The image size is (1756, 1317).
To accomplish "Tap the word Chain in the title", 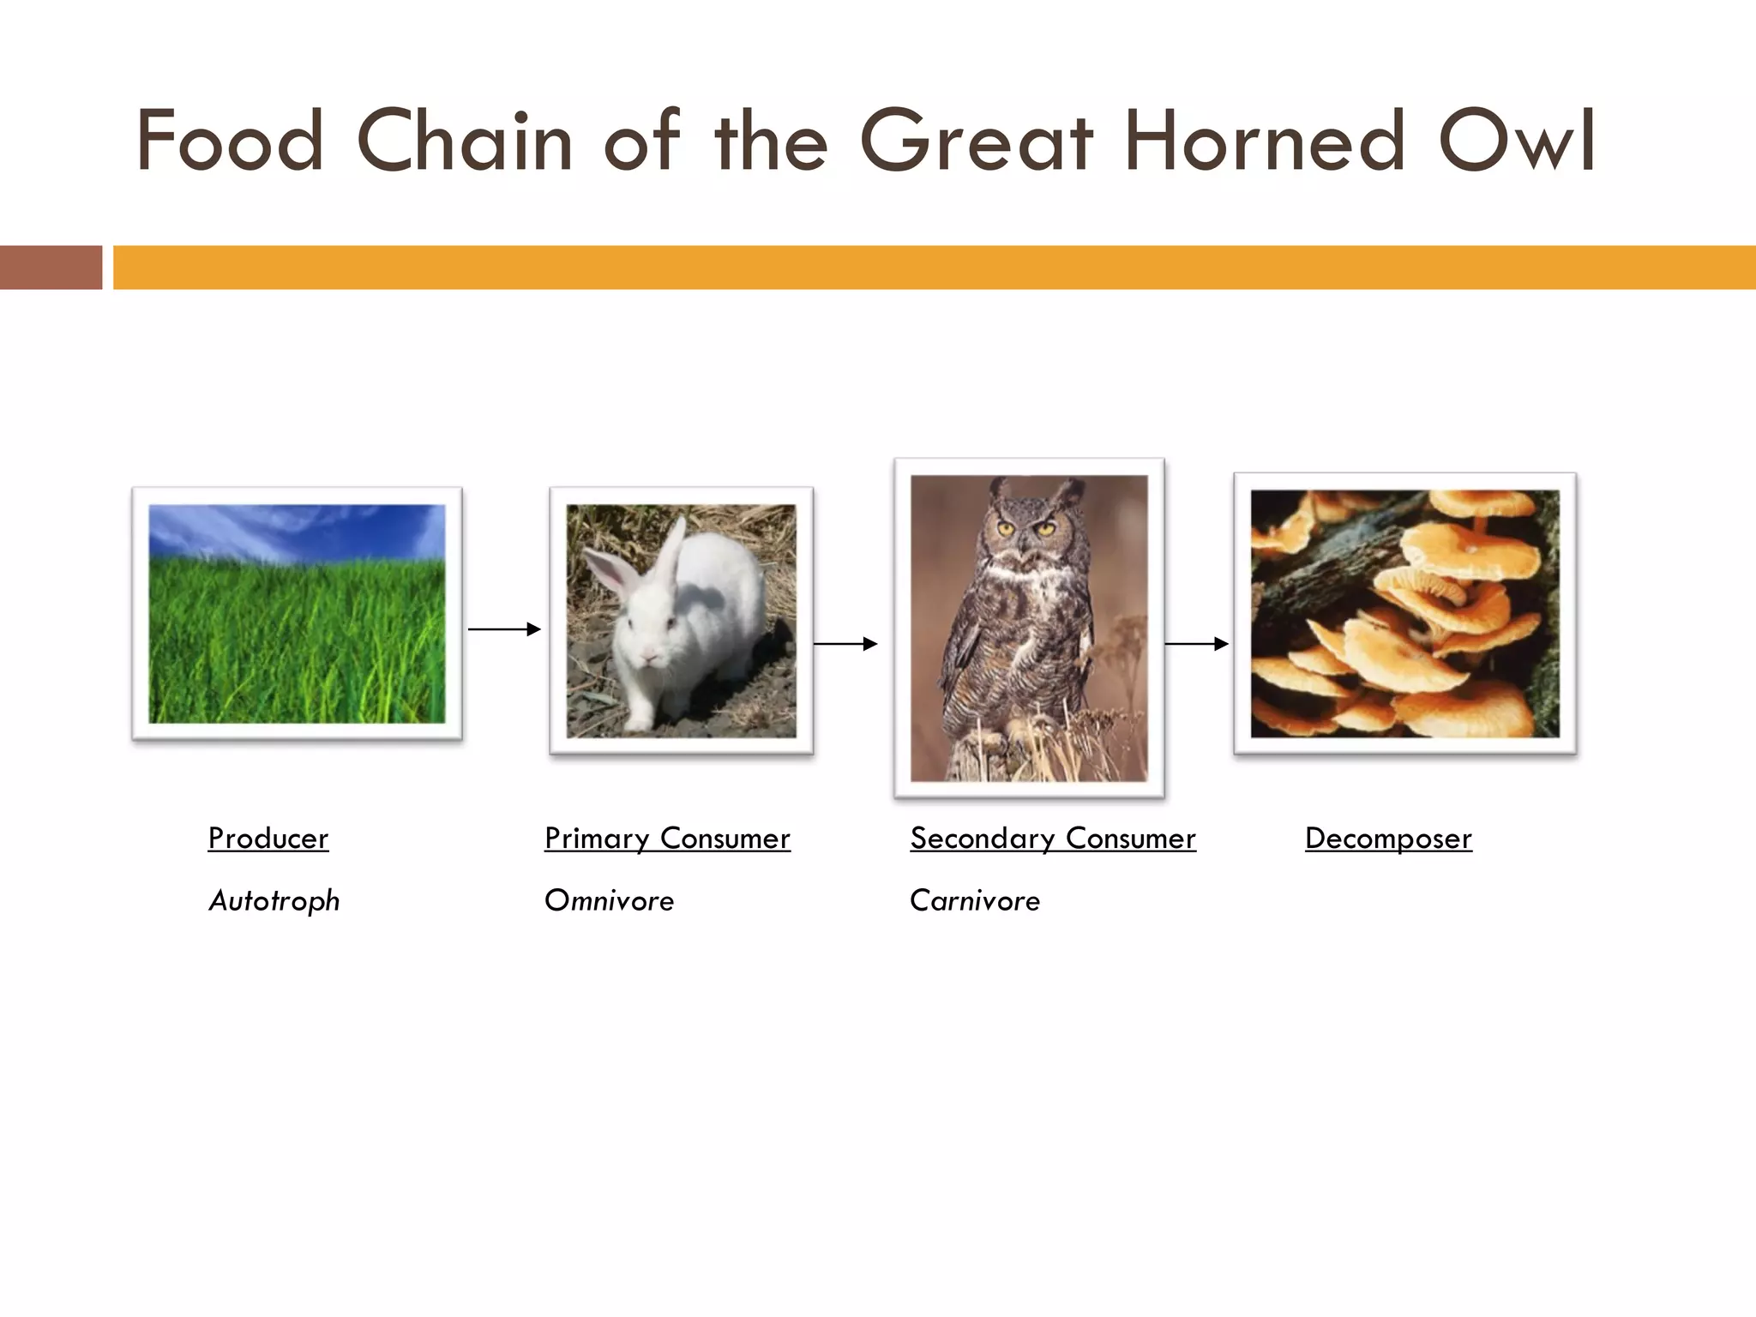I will pyautogui.click(x=464, y=141).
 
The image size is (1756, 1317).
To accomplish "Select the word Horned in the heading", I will pyautogui.click(x=1264, y=141).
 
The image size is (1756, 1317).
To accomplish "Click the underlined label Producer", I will pyautogui.click(x=268, y=839).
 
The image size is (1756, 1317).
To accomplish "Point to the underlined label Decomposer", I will pyautogui.click(x=1387, y=839).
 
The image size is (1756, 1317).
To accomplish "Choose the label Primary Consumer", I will pyautogui.click(x=667, y=839).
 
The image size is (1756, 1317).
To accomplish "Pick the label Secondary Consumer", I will pyautogui.click(x=1052, y=839).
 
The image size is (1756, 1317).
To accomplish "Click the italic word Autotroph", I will pyautogui.click(x=274, y=901).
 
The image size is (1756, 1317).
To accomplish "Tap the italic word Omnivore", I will pyautogui.click(x=609, y=901).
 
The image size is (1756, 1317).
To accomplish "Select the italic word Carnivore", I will pyautogui.click(x=974, y=901).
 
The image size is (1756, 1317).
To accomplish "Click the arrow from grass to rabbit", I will pyautogui.click(x=504, y=629).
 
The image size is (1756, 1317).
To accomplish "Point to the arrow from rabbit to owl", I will pyautogui.click(x=845, y=643).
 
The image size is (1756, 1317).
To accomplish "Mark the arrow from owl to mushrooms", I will pyautogui.click(x=1196, y=643).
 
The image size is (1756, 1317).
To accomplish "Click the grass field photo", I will pyautogui.click(x=297, y=634).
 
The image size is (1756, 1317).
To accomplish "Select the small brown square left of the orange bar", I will pyautogui.click(x=51, y=268).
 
